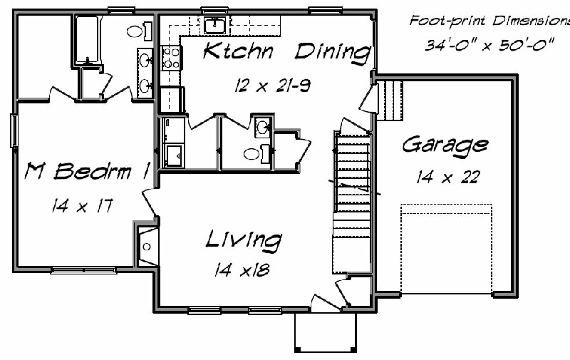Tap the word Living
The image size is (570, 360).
click(x=244, y=240)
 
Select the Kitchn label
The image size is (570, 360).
click(x=238, y=51)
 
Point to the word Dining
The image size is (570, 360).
click(x=333, y=53)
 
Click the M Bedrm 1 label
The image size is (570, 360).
click(x=87, y=170)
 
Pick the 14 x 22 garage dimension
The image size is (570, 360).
click(x=448, y=177)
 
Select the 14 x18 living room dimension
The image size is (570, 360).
click(x=242, y=269)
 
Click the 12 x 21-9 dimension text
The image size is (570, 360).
click(x=272, y=86)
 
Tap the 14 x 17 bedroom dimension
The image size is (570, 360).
click(x=82, y=206)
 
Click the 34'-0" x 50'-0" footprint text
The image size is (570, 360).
click(x=489, y=45)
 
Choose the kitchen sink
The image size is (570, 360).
click(x=215, y=26)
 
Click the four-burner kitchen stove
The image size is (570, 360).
click(x=171, y=58)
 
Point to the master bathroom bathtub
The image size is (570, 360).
click(x=87, y=41)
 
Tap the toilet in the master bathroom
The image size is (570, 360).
click(x=139, y=31)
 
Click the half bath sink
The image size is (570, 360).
click(x=262, y=128)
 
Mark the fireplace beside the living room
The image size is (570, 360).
click(x=147, y=247)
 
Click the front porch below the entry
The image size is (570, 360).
click(x=326, y=332)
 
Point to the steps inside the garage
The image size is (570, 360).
click(x=389, y=101)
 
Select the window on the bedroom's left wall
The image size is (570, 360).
click(x=14, y=130)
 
